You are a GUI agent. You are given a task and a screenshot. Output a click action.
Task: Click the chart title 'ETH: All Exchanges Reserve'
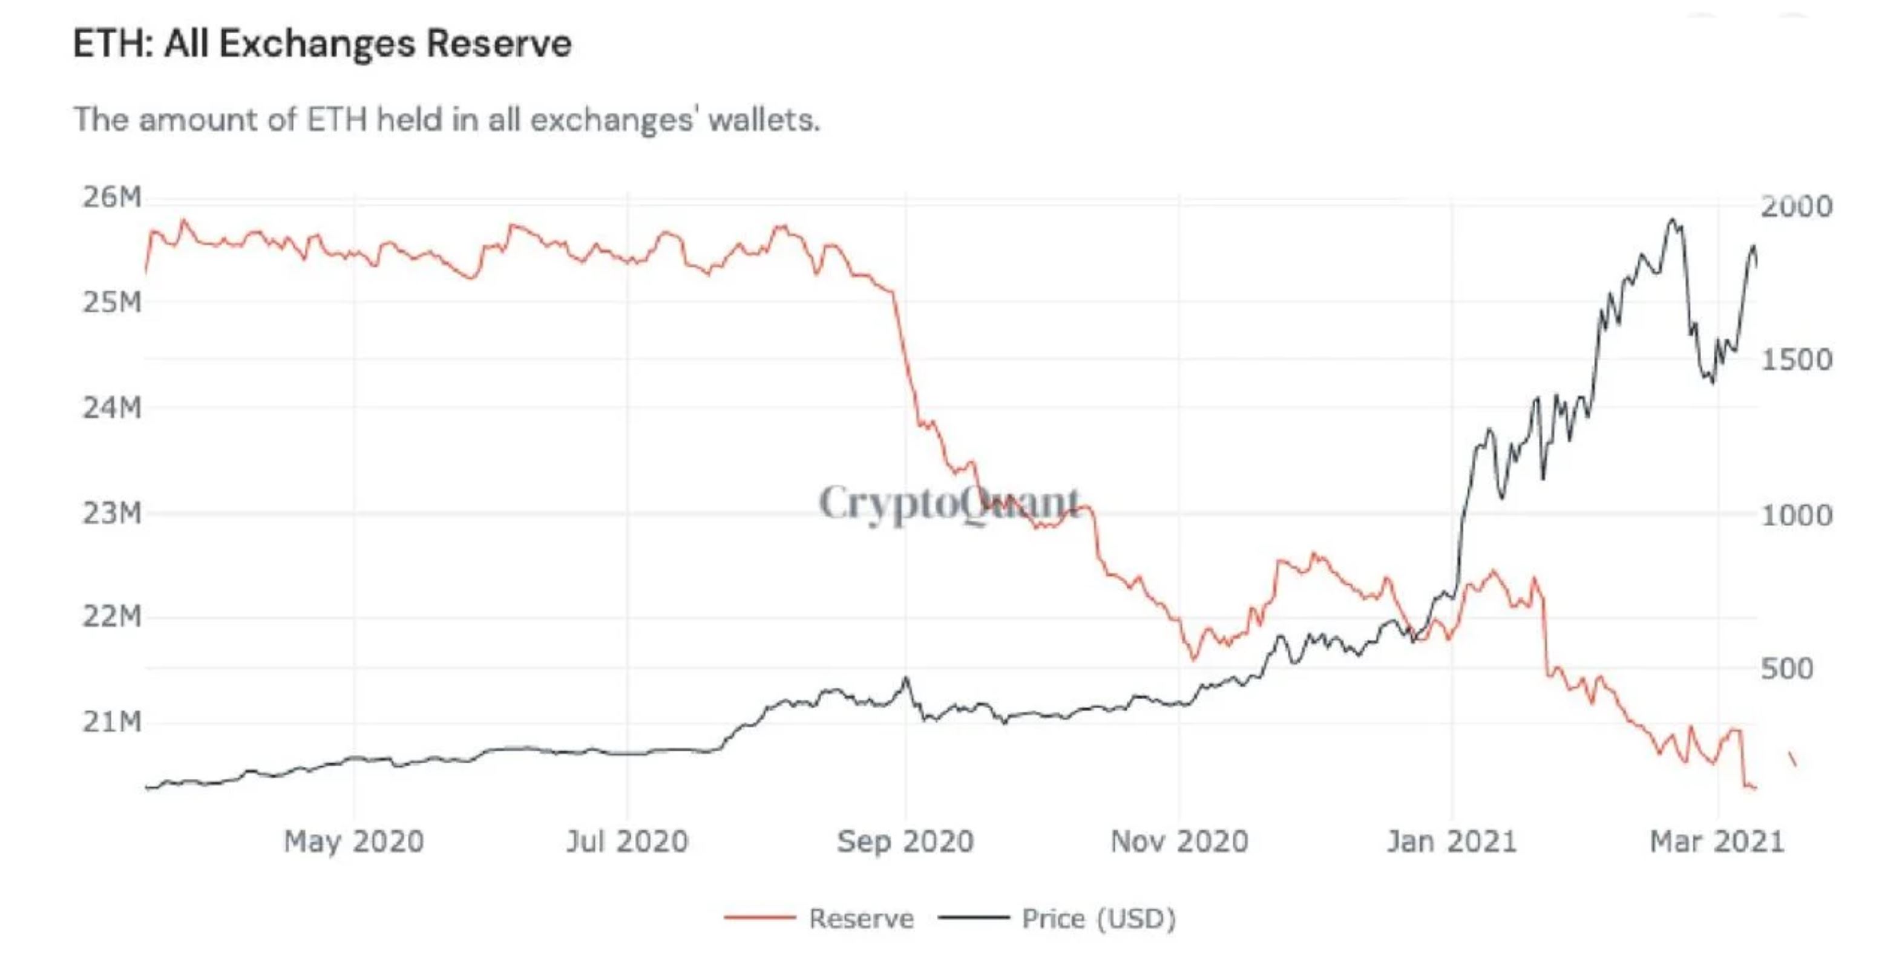click(322, 43)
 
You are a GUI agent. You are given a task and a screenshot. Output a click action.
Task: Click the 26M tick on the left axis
click(111, 198)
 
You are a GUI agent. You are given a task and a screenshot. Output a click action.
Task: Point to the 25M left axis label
click(111, 302)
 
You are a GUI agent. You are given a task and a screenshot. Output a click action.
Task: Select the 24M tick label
click(111, 408)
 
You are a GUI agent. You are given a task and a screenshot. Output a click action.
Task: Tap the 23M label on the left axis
click(111, 513)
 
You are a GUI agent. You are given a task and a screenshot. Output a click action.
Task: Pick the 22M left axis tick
click(111, 616)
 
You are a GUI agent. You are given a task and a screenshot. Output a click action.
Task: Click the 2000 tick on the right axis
click(1795, 207)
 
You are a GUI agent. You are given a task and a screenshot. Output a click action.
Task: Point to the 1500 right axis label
click(1795, 360)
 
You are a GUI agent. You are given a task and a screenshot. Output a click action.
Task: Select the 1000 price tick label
click(1795, 515)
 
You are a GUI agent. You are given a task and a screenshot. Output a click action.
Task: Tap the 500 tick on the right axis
click(1787, 669)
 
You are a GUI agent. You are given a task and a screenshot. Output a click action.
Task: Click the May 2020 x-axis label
click(353, 841)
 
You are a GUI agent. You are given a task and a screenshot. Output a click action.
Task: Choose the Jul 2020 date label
click(627, 841)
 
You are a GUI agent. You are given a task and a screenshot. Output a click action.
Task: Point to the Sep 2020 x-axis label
click(905, 841)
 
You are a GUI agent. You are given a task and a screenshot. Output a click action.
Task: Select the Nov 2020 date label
click(1179, 841)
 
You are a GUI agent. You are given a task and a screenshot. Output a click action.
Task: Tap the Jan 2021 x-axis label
click(1452, 841)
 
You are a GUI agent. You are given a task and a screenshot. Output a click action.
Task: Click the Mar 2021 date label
click(1717, 841)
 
